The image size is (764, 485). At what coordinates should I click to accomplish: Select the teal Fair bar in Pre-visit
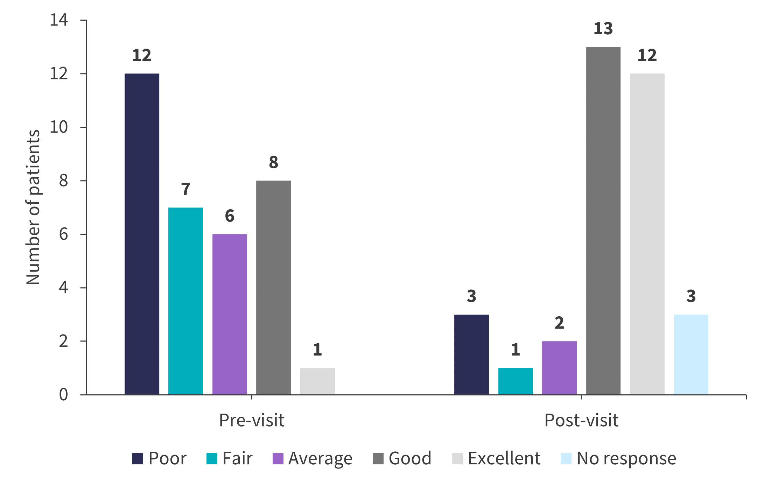point(185,301)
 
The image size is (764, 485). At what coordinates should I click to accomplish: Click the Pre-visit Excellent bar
point(317,381)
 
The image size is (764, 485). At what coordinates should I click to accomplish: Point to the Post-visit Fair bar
point(516,381)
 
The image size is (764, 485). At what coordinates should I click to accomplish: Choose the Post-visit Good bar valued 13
point(603,220)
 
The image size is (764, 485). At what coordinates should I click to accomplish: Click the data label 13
point(603,29)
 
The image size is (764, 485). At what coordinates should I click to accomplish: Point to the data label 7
point(185,189)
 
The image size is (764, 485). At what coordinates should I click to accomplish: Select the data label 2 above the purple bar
point(559,323)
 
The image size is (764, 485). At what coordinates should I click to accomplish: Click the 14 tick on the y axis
point(59,20)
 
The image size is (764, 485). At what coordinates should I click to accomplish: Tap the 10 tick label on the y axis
point(59,127)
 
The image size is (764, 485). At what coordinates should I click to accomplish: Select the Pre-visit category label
point(252,420)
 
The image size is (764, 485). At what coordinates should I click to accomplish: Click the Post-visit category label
point(581,420)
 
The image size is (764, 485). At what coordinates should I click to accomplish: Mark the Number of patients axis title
point(33,207)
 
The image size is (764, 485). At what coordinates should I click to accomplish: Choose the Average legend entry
point(313,458)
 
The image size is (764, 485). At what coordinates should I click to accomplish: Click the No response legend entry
point(618,458)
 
